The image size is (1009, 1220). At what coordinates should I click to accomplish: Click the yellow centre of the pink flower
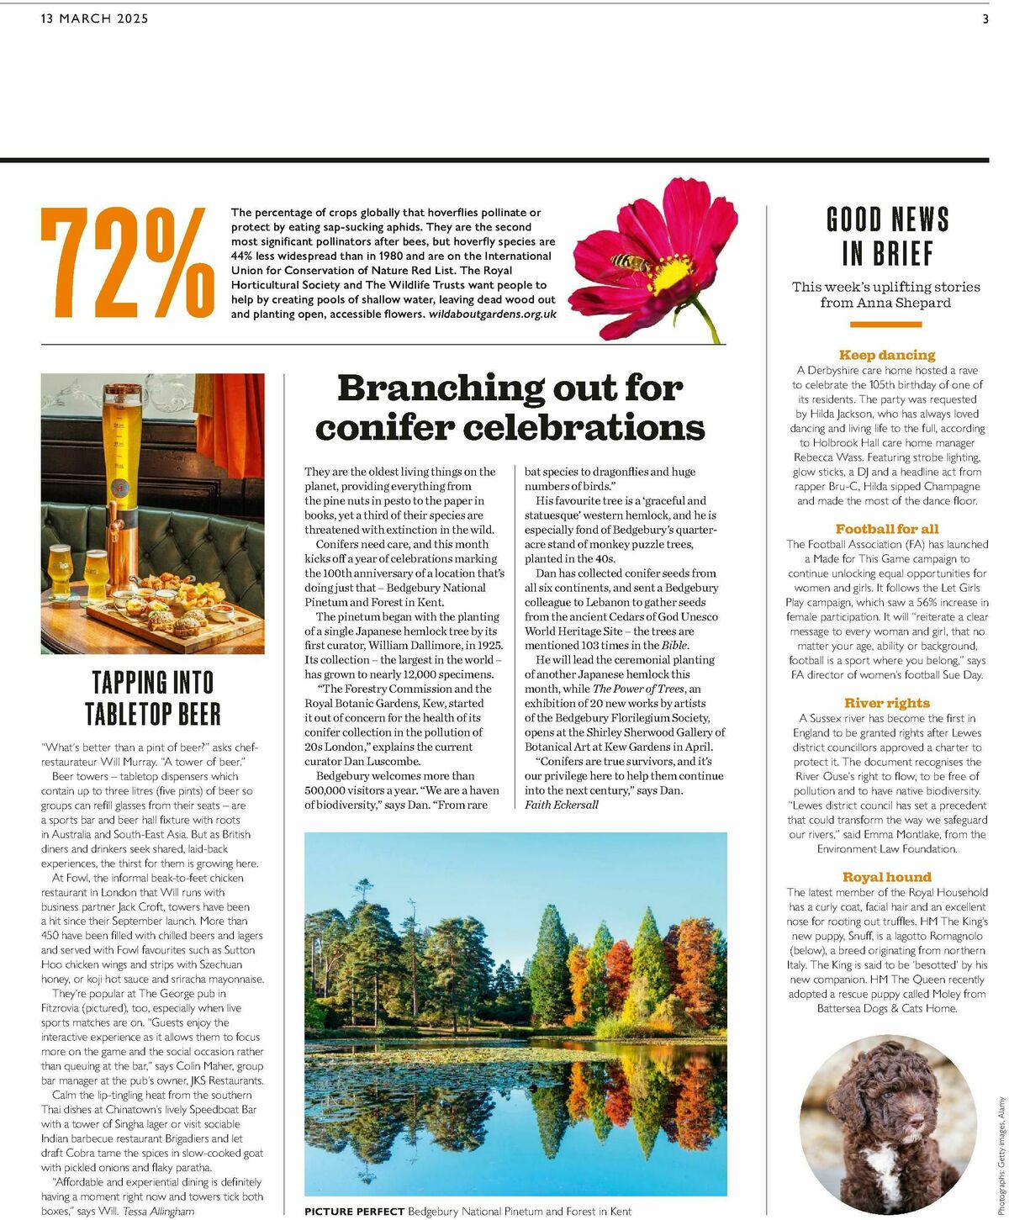668,273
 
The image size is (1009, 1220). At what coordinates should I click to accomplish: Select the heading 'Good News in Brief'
887,236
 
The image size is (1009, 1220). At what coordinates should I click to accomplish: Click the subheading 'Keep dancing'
887,355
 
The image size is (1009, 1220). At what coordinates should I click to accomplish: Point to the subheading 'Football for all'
887,529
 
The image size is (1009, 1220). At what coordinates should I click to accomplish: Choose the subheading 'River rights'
887,703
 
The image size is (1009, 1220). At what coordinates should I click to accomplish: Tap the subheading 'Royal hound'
887,877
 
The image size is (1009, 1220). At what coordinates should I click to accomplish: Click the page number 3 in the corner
985,19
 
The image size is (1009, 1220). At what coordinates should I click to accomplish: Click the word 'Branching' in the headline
425,388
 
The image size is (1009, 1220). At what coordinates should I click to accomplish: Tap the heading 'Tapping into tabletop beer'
152,698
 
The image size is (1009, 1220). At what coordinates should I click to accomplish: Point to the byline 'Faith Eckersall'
562,805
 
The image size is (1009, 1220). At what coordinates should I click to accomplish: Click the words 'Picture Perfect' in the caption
354,1211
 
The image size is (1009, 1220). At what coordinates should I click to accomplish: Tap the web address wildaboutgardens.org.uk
492,314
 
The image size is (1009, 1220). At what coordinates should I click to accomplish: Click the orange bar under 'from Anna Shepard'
886,325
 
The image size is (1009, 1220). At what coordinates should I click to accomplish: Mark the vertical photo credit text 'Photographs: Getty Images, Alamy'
1001,1153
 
